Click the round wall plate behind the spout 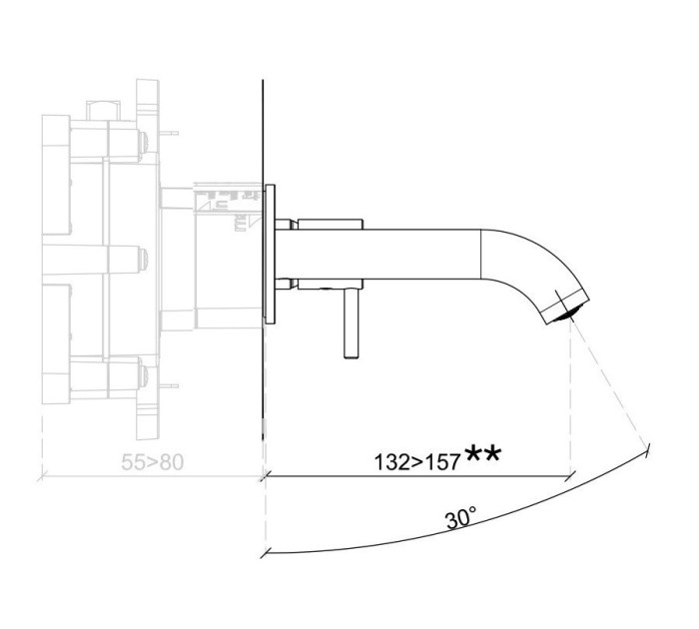tap(270, 254)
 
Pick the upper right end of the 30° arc tap(649, 445)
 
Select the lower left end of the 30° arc tap(264, 554)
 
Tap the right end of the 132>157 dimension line tap(569, 477)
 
